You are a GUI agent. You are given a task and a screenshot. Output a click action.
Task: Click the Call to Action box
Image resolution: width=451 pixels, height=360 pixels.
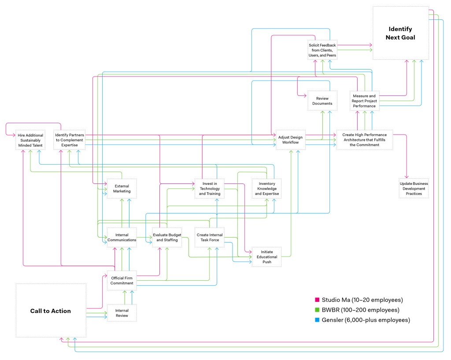[51, 311]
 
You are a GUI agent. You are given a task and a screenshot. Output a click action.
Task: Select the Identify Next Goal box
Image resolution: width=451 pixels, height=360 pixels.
[400, 33]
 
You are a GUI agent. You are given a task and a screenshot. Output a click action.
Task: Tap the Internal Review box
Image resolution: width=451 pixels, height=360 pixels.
[122, 312]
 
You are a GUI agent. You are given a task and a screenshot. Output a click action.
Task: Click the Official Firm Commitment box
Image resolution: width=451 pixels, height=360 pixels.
[122, 280]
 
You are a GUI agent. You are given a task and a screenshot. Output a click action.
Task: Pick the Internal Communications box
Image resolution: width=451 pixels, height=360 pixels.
[122, 237]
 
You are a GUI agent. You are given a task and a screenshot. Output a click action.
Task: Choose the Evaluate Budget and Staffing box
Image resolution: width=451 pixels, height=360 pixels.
[167, 237]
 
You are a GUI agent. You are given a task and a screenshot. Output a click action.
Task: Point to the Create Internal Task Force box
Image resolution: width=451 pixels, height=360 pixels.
[210, 237]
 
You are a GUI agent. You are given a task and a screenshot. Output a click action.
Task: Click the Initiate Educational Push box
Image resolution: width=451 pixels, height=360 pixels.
[266, 257]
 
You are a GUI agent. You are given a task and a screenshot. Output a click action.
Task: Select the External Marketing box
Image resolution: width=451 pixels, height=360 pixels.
[122, 188]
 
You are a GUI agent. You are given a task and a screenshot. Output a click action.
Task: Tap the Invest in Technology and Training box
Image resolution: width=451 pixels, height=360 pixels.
[210, 188]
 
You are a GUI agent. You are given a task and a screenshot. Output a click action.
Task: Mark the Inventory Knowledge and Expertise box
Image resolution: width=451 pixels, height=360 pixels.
[266, 188]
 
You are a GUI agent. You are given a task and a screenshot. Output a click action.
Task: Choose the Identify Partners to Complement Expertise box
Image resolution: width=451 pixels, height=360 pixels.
[69, 140]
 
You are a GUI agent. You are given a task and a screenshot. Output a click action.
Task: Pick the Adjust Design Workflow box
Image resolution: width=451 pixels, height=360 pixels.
[290, 140]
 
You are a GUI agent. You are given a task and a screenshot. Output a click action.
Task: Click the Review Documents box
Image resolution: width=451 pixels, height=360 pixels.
[322, 101]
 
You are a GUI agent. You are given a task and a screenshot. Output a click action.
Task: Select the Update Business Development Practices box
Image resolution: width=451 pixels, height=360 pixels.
[414, 188]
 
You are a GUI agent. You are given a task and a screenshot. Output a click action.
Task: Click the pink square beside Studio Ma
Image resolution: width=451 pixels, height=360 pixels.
[318, 300]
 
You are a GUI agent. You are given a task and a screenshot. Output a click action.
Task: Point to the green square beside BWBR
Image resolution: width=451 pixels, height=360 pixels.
[318, 310]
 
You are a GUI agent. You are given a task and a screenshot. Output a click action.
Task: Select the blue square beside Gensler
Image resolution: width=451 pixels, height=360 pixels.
[318, 320]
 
